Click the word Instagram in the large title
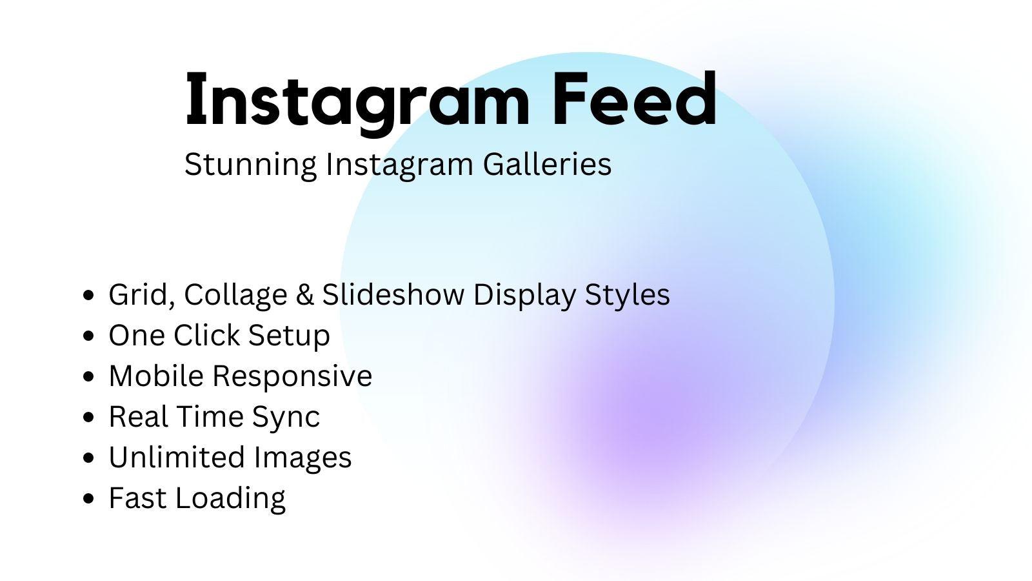point(357,100)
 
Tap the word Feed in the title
point(634,100)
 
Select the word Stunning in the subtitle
point(250,165)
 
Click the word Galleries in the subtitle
point(547,164)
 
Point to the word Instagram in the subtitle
point(399,165)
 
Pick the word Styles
point(627,295)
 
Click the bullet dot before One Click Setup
point(90,336)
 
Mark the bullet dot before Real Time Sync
point(90,417)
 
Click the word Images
point(303,458)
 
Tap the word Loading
point(230,498)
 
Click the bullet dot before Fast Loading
point(90,498)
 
